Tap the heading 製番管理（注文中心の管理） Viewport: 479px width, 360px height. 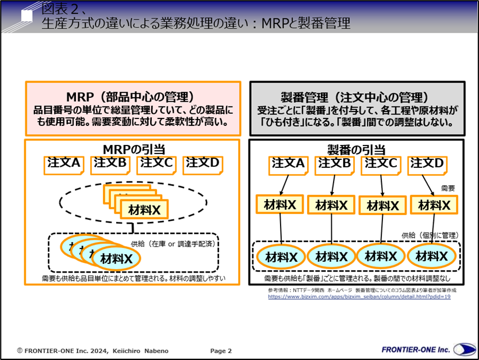pos(357,97)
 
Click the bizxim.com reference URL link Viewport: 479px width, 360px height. pos(359,297)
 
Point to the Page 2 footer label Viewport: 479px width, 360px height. pos(221,350)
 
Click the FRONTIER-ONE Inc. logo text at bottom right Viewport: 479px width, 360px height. pos(416,350)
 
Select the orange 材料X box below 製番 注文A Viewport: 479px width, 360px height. pos(279,204)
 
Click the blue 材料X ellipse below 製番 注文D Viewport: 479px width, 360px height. pos(433,256)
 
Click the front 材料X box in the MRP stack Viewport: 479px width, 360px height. pos(145,210)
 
